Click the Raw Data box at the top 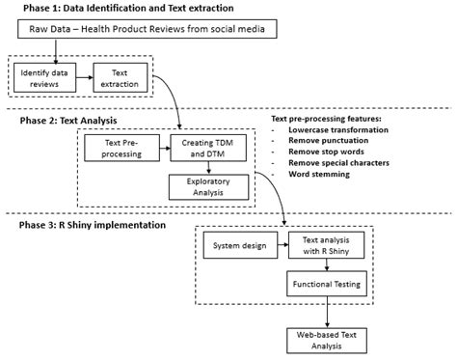[x=148, y=31]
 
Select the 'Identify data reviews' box [x=44, y=78]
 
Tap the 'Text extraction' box [x=121, y=78]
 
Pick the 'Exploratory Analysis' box [x=202, y=186]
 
